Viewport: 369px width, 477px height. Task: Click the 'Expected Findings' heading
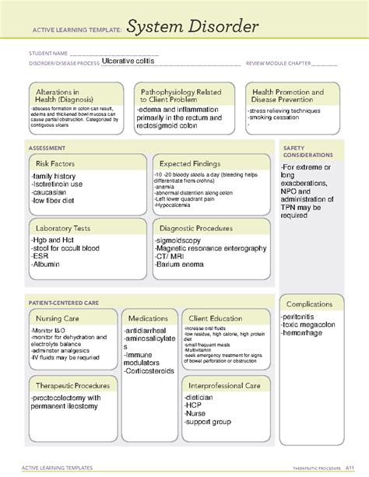190,163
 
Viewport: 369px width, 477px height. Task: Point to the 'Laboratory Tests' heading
64,228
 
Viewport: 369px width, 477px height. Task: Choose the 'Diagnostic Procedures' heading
195,228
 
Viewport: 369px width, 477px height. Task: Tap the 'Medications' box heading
148,318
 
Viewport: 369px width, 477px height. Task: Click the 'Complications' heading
310,303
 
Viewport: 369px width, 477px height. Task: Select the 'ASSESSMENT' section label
47,147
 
